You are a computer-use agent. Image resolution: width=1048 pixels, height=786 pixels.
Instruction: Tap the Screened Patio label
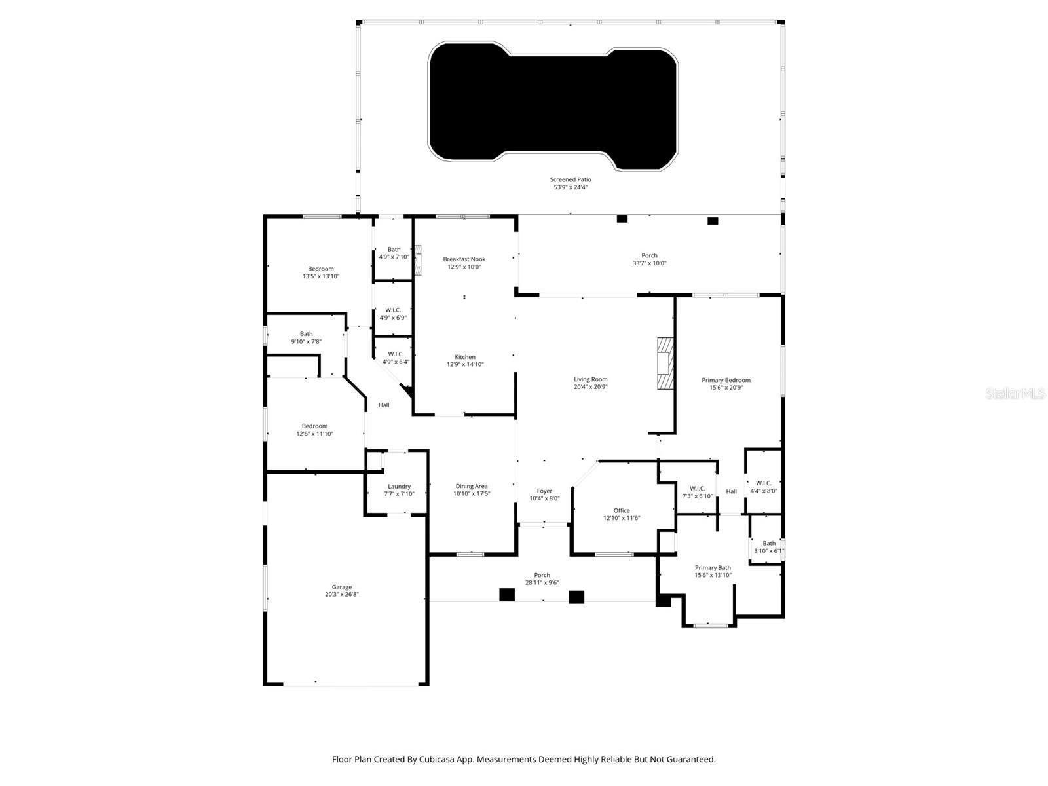pos(571,179)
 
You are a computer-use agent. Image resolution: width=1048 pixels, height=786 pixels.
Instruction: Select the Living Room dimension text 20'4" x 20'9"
pos(591,387)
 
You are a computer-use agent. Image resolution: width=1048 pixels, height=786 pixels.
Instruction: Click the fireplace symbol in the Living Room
pos(665,364)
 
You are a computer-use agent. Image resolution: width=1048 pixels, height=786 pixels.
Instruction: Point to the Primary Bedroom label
pos(726,380)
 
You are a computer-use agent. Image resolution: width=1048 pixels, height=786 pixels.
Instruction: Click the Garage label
pos(341,587)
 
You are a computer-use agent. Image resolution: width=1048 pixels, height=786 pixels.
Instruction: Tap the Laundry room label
pos(399,486)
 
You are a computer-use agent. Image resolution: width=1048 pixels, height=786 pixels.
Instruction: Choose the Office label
pos(622,510)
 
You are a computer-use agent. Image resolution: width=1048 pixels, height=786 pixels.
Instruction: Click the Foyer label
pos(544,491)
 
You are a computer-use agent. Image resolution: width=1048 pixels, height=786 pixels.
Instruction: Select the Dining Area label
pos(472,486)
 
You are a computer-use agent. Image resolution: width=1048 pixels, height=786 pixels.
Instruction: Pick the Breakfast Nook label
pos(464,259)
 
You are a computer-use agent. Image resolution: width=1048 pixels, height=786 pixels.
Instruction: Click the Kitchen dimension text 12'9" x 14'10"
pos(465,365)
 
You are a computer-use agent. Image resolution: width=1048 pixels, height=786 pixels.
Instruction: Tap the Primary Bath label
pos(713,568)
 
